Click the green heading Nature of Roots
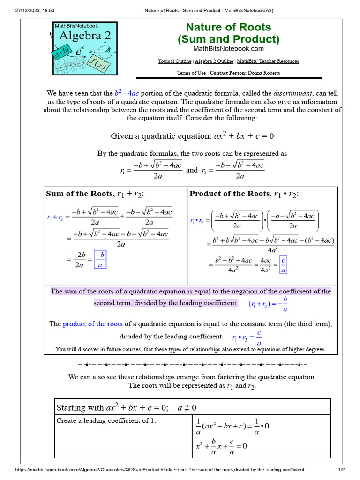228,27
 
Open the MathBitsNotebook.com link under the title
228,49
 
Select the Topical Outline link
174,61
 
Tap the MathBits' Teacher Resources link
268,61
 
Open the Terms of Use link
191,73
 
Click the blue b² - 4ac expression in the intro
127,93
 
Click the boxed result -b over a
100,259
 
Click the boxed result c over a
283,264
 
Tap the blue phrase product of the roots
93,324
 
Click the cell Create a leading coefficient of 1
106,420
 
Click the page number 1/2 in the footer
341,470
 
